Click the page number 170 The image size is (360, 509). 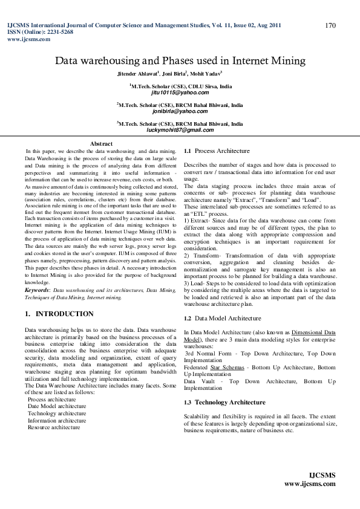[x=330, y=25]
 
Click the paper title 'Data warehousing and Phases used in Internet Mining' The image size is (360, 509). [x=180, y=60]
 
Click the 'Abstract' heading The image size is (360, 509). [x=101, y=143]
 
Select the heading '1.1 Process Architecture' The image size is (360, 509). [x=217, y=150]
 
